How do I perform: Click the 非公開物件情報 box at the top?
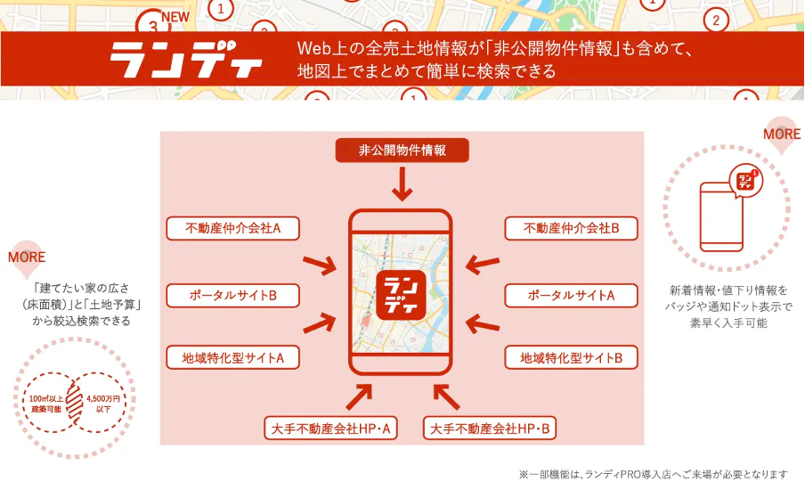(402, 151)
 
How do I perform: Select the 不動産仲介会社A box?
(232, 228)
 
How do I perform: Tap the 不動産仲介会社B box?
(571, 228)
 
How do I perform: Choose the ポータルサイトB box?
(232, 295)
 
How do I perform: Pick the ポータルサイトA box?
(571, 295)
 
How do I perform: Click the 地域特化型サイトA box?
(232, 357)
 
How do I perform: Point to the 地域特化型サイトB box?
(571, 357)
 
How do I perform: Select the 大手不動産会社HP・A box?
(331, 429)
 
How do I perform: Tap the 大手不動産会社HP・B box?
(492, 429)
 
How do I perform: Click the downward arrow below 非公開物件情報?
(402, 185)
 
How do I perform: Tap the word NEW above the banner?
(175, 17)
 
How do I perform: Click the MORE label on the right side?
(781, 135)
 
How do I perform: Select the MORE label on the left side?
(26, 257)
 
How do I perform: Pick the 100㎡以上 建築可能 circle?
(45, 403)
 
